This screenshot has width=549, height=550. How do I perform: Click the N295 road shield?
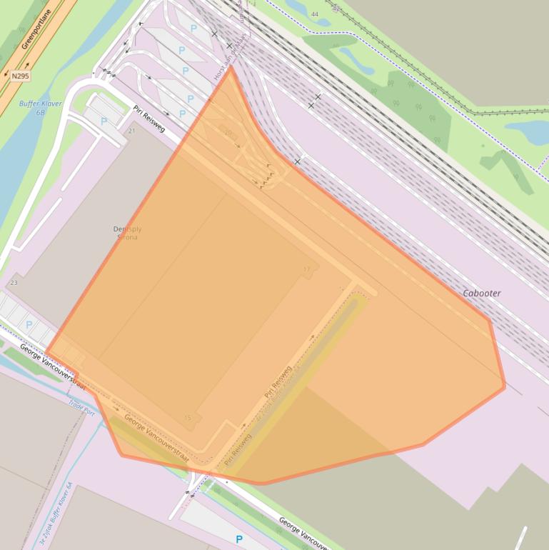coord(19,75)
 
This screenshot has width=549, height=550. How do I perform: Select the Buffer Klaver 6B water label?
coord(41,108)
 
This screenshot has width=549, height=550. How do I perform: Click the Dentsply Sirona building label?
coord(128,233)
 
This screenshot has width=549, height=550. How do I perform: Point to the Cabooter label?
coord(482,294)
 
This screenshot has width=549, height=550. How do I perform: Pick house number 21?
coord(132,131)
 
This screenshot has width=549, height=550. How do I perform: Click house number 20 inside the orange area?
coord(228,134)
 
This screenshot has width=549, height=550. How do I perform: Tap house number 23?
coord(14,284)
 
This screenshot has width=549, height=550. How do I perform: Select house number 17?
coord(307,269)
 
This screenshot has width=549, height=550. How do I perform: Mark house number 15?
coord(188,418)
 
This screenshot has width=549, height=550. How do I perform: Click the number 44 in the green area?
coord(315,14)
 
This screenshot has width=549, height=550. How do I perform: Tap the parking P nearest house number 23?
coord(29,325)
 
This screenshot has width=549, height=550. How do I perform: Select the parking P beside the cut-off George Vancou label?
coord(239,539)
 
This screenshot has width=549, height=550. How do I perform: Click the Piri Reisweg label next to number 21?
coord(149,118)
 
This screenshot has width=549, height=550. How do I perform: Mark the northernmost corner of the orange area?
coord(231,67)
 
